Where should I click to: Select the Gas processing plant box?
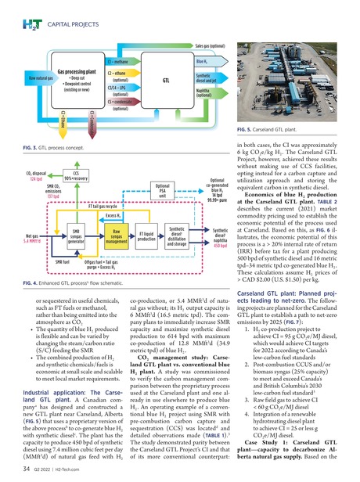click(x=75, y=77)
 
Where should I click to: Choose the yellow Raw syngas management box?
click(x=115, y=236)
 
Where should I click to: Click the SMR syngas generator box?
click(x=76, y=236)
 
